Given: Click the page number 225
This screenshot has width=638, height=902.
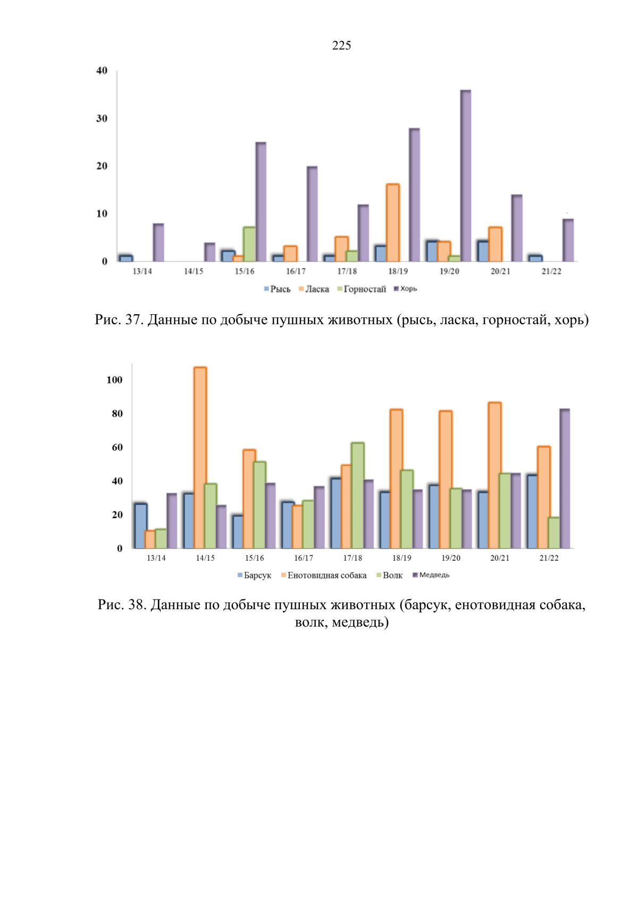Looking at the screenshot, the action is (x=341, y=46).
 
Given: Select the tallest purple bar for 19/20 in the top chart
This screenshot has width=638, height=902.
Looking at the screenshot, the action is (x=466, y=175).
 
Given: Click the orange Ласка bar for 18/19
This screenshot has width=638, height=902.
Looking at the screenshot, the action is (x=393, y=223).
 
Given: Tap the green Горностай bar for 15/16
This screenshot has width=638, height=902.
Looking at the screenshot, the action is (x=249, y=244).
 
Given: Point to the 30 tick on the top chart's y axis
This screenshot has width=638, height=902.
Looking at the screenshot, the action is (x=102, y=119).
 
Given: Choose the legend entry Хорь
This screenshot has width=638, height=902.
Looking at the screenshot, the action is (x=405, y=289).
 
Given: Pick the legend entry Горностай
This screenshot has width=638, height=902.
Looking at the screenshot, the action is (x=362, y=289).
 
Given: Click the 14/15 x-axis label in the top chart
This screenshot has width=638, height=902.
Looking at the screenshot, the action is (x=194, y=272).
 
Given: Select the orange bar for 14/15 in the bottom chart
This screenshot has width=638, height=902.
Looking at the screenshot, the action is (x=200, y=458).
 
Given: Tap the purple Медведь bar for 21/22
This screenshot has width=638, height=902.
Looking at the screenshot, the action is (x=565, y=478).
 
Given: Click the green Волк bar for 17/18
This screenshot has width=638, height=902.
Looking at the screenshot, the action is (x=358, y=496).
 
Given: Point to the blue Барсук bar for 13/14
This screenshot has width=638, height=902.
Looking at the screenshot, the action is (x=140, y=526).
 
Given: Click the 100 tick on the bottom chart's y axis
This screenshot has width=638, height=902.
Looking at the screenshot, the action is (x=114, y=380).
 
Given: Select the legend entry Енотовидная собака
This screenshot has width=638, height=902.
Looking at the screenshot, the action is (x=324, y=576).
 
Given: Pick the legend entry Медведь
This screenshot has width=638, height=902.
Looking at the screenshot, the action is (x=431, y=575).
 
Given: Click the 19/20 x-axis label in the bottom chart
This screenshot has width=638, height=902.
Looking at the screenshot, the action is (x=451, y=558).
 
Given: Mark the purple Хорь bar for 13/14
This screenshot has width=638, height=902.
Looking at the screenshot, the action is (x=158, y=242).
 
